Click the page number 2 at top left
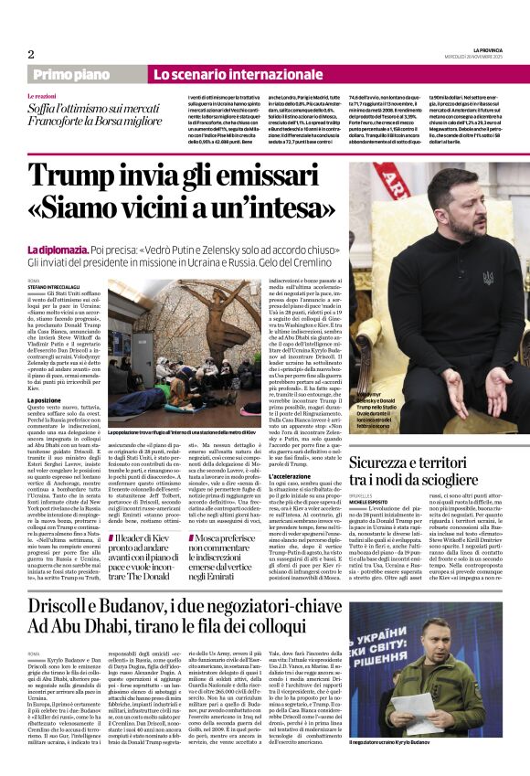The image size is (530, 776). point(30,54)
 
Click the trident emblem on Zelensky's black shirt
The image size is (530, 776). point(462,275)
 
